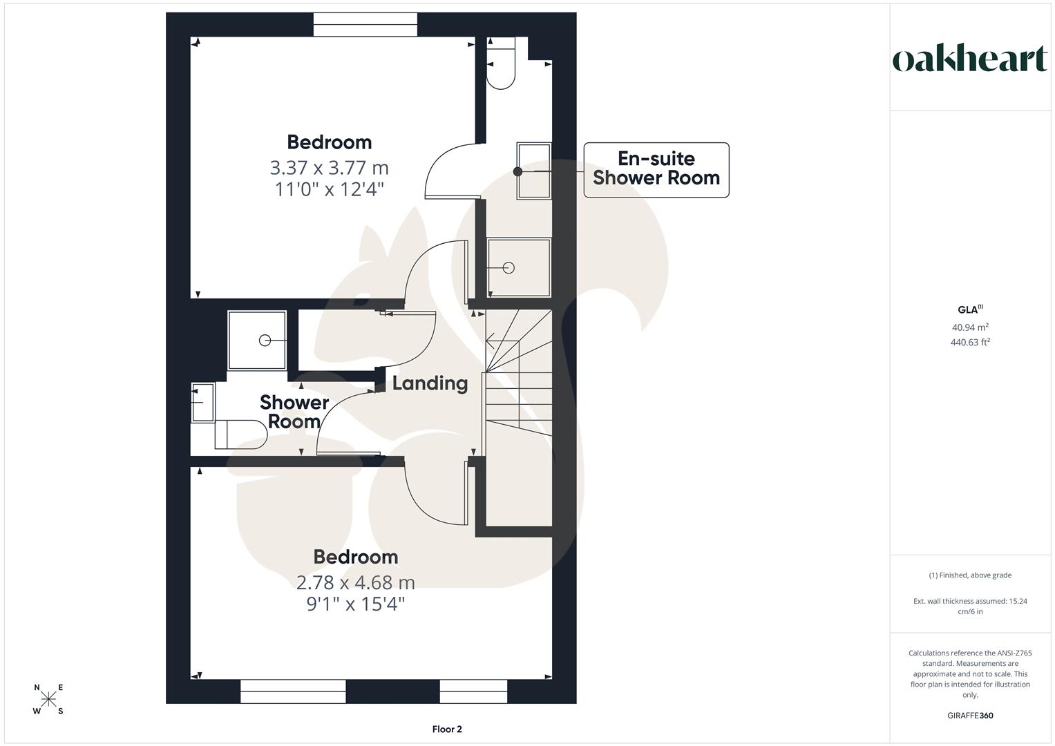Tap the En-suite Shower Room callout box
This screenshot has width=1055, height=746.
[656, 169]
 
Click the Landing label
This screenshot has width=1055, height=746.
[430, 383]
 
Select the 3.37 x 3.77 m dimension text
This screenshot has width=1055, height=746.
[329, 168]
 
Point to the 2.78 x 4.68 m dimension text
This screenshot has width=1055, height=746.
[355, 582]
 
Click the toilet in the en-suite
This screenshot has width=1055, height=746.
[501, 64]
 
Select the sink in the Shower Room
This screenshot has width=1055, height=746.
[202, 402]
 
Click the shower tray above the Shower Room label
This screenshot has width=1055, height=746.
[257, 341]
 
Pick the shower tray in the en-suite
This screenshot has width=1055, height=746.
[519, 267]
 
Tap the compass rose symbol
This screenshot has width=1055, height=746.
[48, 699]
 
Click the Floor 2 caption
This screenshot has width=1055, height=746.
[446, 729]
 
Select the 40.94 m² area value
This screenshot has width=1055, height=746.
[970, 327]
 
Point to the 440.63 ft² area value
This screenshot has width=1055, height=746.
[970, 342]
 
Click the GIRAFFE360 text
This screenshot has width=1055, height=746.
[970, 716]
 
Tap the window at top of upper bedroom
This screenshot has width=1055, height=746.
[365, 25]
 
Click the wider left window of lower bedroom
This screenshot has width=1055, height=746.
[293, 691]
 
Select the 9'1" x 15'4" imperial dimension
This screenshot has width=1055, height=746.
[355, 604]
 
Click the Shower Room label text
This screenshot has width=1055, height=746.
[294, 412]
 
